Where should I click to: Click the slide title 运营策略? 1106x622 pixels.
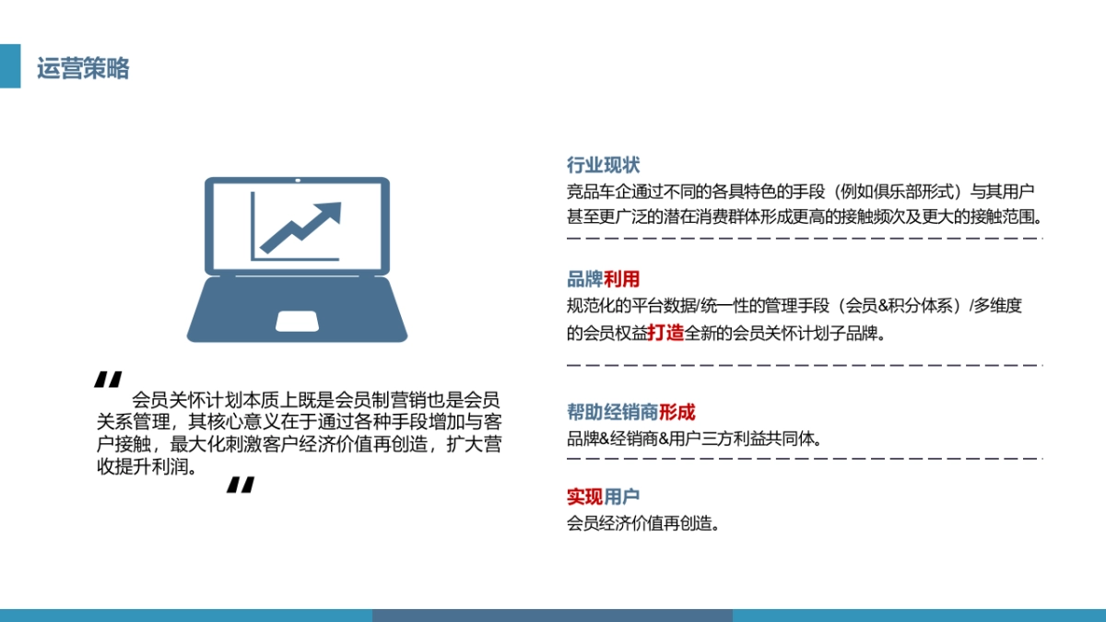[x=83, y=68]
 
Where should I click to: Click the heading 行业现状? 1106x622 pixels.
[x=603, y=166]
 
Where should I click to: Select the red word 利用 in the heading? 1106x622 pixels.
[x=621, y=280]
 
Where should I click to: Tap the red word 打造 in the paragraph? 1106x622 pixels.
[x=665, y=333]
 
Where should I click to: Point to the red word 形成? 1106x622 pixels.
[x=677, y=412]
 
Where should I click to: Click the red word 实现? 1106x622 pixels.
[x=584, y=498]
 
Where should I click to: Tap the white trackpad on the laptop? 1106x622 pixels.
[x=298, y=321]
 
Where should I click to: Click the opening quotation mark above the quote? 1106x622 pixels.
[x=108, y=380]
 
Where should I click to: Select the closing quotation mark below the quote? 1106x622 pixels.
[x=240, y=486]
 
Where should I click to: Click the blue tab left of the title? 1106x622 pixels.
[x=9, y=66]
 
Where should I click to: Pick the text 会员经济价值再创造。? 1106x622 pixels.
[x=642, y=523]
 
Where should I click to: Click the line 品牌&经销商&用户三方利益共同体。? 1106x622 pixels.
[x=693, y=439]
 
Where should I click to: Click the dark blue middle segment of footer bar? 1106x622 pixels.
[x=552, y=615]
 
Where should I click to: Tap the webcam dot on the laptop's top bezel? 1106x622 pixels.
[x=298, y=181]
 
